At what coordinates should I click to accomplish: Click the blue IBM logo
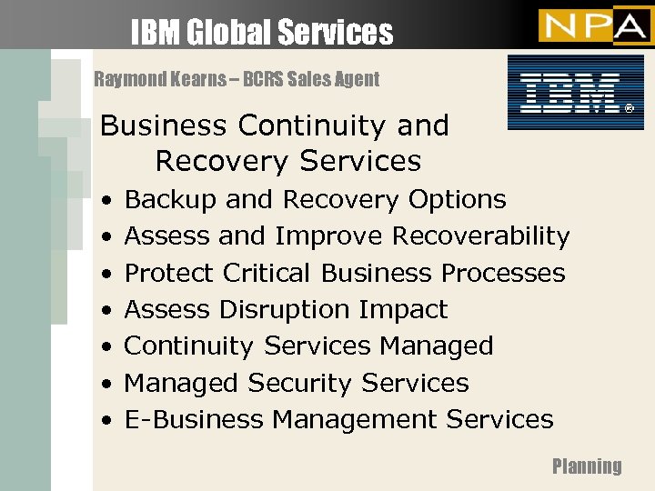(x=569, y=92)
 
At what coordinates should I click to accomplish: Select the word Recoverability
(x=480, y=236)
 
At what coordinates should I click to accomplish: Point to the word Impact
(x=403, y=309)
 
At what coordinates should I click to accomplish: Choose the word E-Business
(x=194, y=419)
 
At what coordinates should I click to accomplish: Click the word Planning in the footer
(x=587, y=466)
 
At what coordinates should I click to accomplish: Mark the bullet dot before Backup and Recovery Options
(x=107, y=200)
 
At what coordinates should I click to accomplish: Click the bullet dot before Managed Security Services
(x=107, y=384)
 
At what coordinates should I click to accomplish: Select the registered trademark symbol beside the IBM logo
(x=628, y=109)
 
